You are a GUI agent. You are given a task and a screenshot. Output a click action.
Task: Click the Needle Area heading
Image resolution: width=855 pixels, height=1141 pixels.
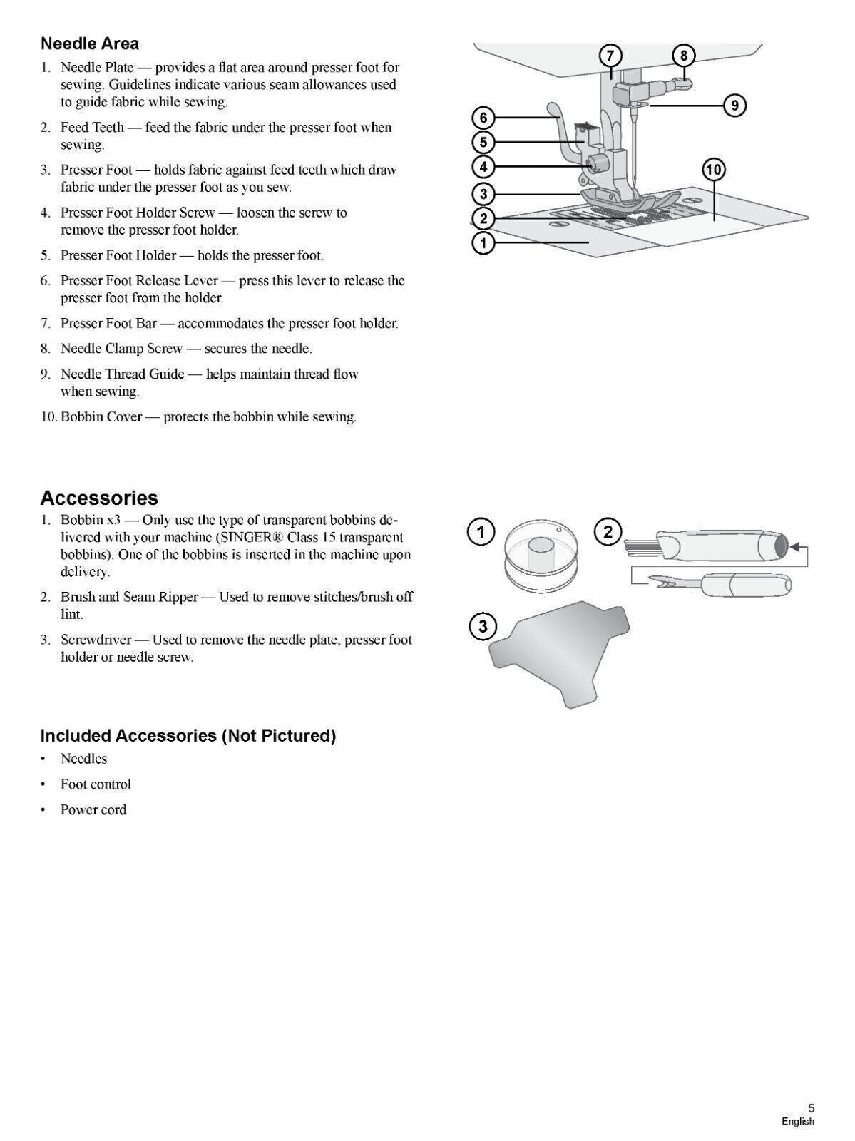pyautogui.click(x=90, y=44)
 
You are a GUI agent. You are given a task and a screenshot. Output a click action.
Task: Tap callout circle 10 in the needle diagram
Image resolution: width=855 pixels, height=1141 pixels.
pyautogui.click(x=713, y=170)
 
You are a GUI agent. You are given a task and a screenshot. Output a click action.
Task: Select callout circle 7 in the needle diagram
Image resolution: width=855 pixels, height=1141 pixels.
pyautogui.click(x=610, y=56)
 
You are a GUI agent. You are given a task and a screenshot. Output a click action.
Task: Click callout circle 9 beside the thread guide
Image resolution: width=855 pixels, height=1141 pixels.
pyautogui.click(x=734, y=106)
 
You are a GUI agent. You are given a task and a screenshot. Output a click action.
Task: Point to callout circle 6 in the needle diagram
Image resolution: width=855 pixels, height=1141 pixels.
pyautogui.click(x=483, y=118)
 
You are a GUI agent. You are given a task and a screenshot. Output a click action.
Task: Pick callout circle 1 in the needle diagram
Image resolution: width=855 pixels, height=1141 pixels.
pyautogui.click(x=483, y=243)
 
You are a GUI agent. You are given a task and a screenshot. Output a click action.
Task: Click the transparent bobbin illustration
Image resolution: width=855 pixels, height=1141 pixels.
pyautogui.click(x=538, y=553)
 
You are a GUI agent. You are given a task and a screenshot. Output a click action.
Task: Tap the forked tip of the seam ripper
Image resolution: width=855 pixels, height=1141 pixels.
pyautogui.click(x=649, y=586)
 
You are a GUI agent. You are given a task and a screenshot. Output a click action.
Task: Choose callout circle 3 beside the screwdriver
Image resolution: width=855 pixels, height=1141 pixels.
pyautogui.click(x=483, y=627)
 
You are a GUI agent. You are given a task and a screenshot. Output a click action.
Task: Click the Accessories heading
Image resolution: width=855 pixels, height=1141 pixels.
pyautogui.click(x=99, y=498)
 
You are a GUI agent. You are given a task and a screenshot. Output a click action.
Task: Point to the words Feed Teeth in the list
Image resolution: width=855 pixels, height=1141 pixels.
pyautogui.click(x=92, y=128)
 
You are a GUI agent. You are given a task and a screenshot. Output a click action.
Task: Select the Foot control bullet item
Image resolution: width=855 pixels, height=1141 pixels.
pyautogui.click(x=96, y=784)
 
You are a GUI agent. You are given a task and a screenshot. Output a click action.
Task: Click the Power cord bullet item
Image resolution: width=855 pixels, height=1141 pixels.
pyautogui.click(x=93, y=810)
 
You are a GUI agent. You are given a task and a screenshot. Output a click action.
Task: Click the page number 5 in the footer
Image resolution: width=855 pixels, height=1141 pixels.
pyautogui.click(x=811, y=1108)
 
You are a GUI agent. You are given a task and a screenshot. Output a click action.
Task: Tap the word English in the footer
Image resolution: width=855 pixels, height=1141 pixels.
pyautogui.click(x=797, y=1122)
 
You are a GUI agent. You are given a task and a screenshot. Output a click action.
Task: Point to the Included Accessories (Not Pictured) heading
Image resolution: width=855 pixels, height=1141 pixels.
pyautogui.click(x=188, y=735)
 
